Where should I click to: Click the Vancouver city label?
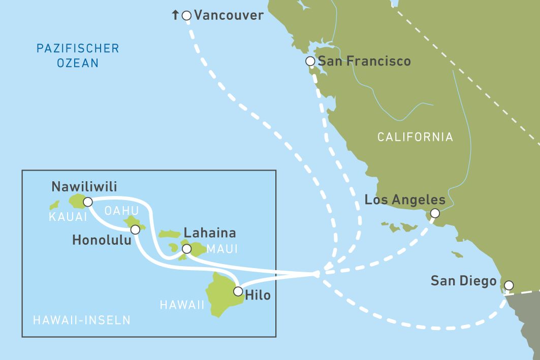[229, 15]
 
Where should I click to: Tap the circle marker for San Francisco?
[310, 61]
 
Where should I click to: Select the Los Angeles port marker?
[435, 213]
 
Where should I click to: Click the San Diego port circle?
[508, 285]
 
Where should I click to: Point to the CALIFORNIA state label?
[415, 137]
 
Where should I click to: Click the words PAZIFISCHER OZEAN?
[77, 56]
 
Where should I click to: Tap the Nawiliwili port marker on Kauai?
[87, 202]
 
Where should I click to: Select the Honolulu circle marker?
[135, 230]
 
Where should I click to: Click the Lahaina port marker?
[186, 249]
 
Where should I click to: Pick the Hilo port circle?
[238, 291]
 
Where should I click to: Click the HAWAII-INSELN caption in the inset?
[81, 320]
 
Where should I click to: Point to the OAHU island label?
[121, 210]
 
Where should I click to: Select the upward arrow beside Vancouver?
[176, 16]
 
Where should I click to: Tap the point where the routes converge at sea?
[317, 274]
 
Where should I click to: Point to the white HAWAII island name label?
[182, 305]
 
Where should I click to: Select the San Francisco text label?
[364, 61]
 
